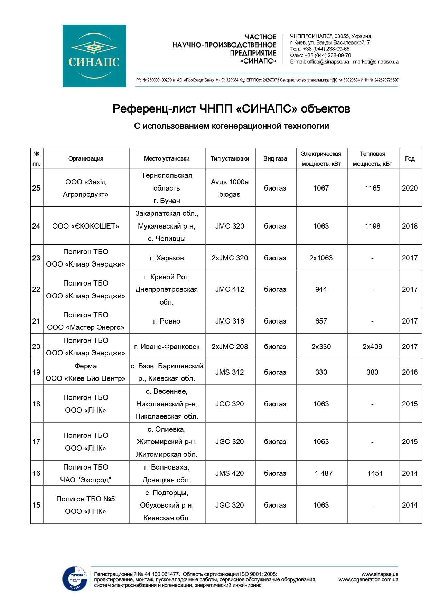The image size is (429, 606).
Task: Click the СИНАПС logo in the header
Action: click(x=94, y=56)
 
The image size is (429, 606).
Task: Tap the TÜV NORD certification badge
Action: click(x=75, y=578)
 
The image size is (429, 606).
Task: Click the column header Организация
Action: click(x=86, y=158)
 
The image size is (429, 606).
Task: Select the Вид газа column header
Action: click(x=275, y=158)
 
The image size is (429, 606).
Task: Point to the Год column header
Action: click(x=410, y=158)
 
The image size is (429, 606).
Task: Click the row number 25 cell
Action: click(x=36, y=188)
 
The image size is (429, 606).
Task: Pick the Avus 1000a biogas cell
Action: click(x=230, y=188)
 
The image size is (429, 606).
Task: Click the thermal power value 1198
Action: click(x=372, y=226)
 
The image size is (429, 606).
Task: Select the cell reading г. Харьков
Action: click(x=167, y=258)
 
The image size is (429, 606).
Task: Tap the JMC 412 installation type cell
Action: click(x=230, y=289)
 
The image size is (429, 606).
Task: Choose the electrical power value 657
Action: click(x=321, y=321)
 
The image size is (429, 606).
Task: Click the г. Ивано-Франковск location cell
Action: click(x=167, y=347)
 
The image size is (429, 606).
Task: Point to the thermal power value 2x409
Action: click(x=372, y=347)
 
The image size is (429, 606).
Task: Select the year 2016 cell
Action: click(x=410, y=372)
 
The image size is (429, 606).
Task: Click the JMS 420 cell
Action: click(x=230, y=473)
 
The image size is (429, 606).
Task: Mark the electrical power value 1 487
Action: click(x=323, y=473)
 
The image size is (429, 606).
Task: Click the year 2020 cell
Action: click(x=410, y=188)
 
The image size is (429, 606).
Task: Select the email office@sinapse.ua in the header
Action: click(x=328, y=62)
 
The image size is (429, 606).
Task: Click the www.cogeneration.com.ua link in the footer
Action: click(x=368, y=580)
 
